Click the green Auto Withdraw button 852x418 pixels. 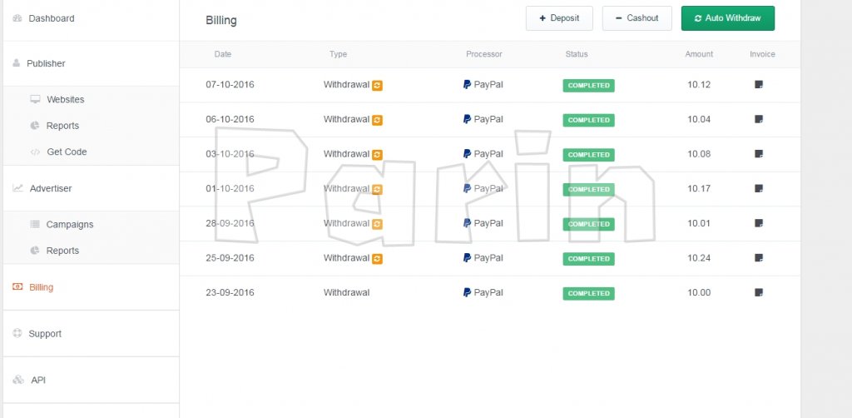click(727, 18)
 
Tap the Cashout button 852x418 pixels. click(637, 18)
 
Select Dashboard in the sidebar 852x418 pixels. click(51, 18)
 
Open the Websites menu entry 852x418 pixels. click(65, 99)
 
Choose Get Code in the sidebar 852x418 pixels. click(67, 152)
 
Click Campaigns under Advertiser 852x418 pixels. click(70, 225)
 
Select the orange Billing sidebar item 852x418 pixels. click(41, 287)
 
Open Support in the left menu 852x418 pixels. click(45, 334)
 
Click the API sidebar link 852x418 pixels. click(38, 380)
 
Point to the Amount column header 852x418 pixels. click(699, 54)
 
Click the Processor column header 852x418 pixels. click(483, 54)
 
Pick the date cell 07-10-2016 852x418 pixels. click(230, 85)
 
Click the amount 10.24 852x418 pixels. click(699, 258)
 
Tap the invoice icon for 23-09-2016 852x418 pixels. click(759, 292)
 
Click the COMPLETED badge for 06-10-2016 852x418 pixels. click(588, 120)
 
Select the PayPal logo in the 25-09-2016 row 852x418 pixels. click(467, 257)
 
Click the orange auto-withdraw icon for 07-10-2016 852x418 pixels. click(377, 85)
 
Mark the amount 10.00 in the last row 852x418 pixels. click(699, 293)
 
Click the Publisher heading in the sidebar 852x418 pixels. click(46, 63)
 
